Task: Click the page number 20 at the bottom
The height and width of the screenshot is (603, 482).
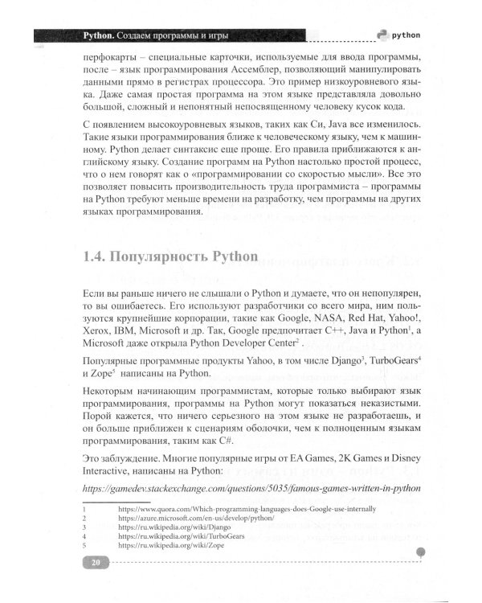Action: tap(96, 585)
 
